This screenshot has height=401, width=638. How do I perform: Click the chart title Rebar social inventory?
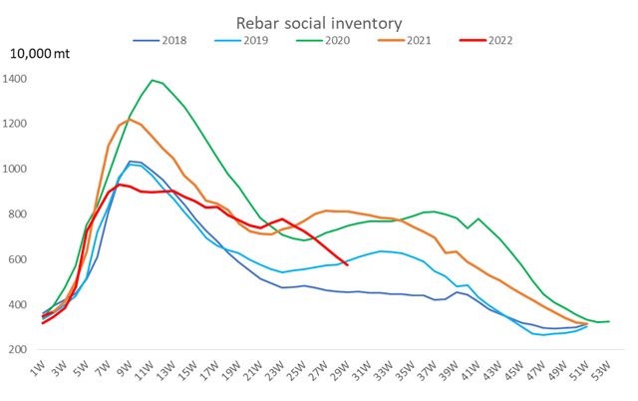coord(319,21)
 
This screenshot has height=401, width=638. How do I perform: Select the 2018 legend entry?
coord(172,40)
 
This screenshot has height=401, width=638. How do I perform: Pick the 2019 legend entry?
coord(254,40)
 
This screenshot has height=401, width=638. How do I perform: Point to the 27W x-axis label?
coord(324,374)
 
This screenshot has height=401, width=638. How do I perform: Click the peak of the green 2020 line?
coord(153,80)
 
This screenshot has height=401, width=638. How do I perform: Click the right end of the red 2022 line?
coord(347,264)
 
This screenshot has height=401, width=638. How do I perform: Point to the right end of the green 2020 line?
coord(609,321)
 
